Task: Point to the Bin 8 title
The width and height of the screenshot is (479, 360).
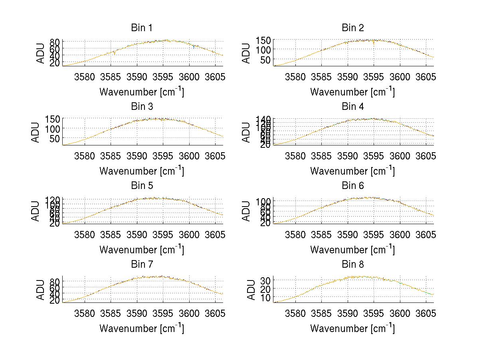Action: tap(353, 265)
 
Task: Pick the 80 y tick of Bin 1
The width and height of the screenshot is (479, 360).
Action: tap(55, 42)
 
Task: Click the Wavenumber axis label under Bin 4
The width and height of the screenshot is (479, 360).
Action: tap(352, 171)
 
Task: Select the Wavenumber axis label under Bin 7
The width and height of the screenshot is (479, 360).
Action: tap(142, 328)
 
